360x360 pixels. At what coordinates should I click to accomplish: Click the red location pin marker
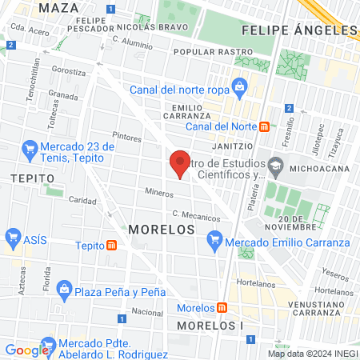click(x=181, y=163)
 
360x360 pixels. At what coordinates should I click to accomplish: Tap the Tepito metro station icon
click(x=113, y=246)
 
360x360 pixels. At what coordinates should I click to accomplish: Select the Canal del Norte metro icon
click(x=274, y=126)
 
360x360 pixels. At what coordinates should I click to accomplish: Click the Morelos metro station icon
click(x=220, y=308)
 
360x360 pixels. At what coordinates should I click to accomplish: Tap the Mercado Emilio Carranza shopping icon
click(x=214, y=238)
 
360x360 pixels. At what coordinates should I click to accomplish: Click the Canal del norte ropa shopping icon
click(x=238, y=86)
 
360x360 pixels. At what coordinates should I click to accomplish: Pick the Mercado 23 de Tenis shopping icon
click(x=30, y=147)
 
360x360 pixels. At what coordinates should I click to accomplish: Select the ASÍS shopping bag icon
click(x=12, y=238)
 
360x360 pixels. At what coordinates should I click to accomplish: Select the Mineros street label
click(x=159, y=192)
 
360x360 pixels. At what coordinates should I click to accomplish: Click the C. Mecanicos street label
click(x=196, y=217)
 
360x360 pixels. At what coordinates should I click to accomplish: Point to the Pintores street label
click(x=126, y=138)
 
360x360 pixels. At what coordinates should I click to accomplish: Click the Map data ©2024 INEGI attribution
click(x=312, y=353)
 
